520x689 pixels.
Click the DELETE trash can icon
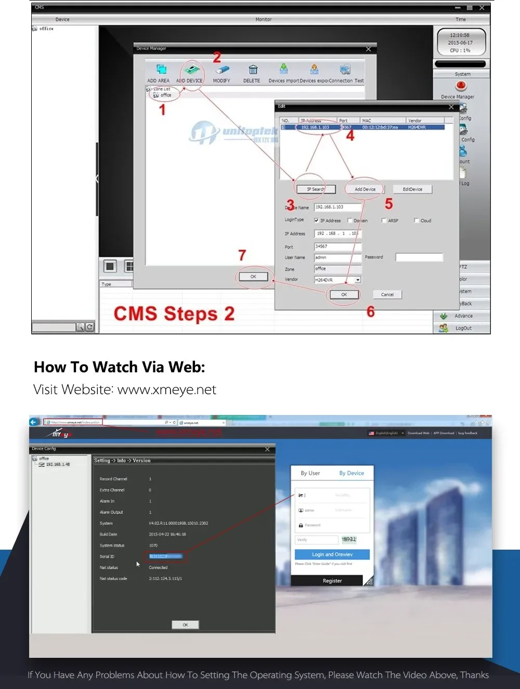[x=253, y=70]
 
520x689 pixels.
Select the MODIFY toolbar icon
[x=222, y=70]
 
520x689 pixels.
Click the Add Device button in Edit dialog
[x=365, y=189]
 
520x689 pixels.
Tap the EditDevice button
[x=412, y=189]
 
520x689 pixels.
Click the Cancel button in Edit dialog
[x=387, y=295]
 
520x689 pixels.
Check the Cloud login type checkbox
[x=416, y=220]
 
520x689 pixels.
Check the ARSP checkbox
[x=384, y=220]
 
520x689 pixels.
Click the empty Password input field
[x=419, y=257]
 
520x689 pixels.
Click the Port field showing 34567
[x=337, y=246]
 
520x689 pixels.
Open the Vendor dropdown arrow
[x=358, y=280]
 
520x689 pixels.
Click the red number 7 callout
[x=242, y=255]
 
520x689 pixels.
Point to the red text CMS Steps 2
[x=174, y=314]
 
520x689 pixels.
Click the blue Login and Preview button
[x=332, y=555]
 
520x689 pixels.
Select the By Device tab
[x=352, y=473]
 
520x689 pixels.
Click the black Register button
[x=332, y=581]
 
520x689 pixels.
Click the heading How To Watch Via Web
[x=120, y=367]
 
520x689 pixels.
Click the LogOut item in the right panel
[x=463, y=328]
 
